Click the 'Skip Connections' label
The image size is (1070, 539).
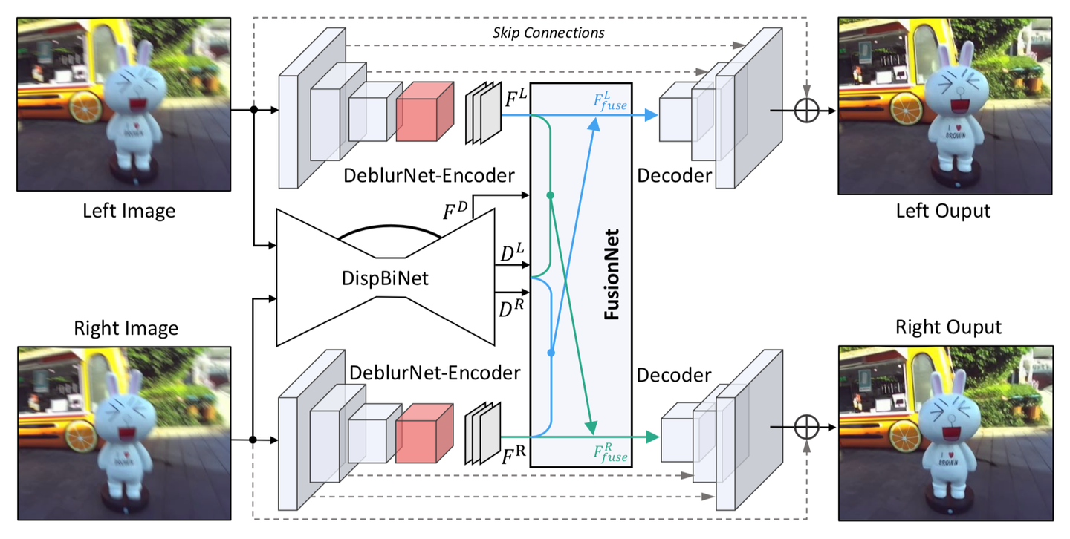coord(548,33)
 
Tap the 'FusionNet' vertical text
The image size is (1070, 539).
coord(611,275)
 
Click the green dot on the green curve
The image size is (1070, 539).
coord(551,195)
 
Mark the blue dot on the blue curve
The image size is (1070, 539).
coord(551,353)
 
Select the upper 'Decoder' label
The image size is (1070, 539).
coord(674,177)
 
